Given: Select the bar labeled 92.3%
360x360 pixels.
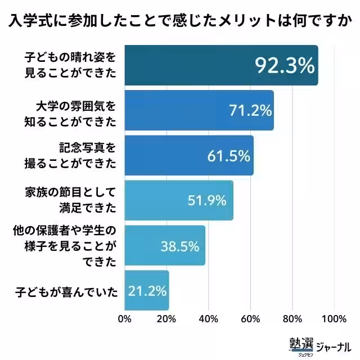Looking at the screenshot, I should click(221, 65).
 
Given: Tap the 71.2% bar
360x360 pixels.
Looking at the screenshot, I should click(199, 110).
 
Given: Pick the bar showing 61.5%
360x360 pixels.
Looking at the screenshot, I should click(188, 155).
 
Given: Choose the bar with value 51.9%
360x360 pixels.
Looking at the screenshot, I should click(178, 200).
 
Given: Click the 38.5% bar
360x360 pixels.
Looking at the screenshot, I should click(164, 245).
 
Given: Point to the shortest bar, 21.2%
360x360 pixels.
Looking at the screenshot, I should click(146, 290).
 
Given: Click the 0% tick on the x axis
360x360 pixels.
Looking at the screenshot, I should click(124, 319).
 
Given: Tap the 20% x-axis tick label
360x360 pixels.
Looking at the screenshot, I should click(166, 319).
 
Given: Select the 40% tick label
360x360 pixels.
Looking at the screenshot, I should click(208, 319).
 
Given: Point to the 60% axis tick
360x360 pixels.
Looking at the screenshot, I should click(250, 319).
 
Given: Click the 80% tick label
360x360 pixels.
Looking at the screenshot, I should click(292, 319).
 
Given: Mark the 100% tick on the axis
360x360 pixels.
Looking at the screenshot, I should click(334, 319).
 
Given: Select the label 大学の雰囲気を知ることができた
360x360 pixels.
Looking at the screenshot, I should click(75, 110).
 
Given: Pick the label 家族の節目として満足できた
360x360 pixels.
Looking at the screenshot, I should click(75, 200).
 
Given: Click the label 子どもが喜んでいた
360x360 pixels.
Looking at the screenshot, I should click(66, 290).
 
